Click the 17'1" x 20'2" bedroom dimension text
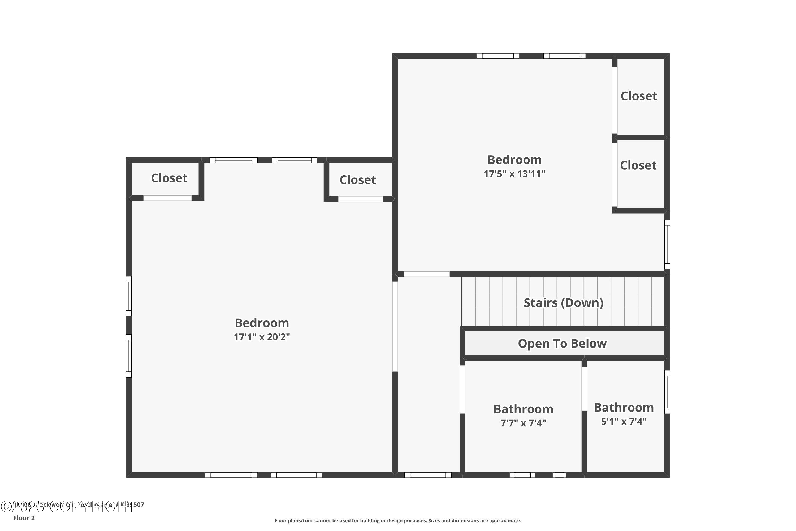coord(262,337)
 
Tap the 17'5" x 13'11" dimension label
coord(514,174)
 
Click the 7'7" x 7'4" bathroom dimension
coord(523,423)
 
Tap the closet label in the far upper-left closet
coord(169,178)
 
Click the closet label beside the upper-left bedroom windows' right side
coord(357,180)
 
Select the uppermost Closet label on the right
coord(639,96)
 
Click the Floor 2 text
coord(24,518)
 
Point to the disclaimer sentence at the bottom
coord(398,520)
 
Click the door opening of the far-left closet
coord(167,198)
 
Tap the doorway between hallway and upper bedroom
coord(426,274)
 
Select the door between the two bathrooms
coord(584,389)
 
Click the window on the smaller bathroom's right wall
coord(667,392)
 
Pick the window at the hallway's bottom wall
coord(428,475)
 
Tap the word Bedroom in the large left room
coord(262,323)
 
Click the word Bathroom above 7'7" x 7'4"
coord(523,409)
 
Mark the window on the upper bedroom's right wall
coord(667,245)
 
